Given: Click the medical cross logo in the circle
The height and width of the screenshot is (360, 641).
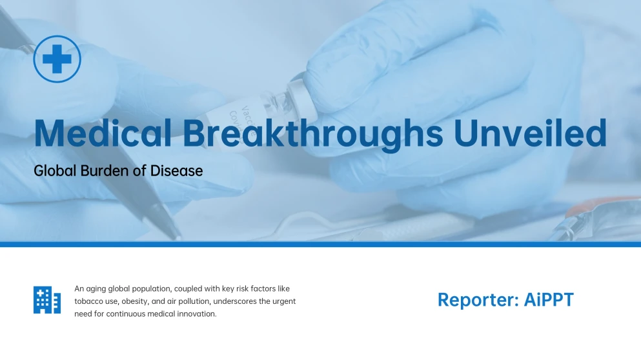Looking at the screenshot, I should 57,59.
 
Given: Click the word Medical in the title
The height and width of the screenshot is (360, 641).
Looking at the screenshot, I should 102,133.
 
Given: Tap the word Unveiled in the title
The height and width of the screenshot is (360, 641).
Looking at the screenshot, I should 530,133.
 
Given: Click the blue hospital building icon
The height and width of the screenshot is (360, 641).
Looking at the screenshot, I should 47,300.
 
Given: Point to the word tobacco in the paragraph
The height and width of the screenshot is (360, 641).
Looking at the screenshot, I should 89,301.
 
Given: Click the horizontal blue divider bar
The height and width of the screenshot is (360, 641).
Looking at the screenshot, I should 320,244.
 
